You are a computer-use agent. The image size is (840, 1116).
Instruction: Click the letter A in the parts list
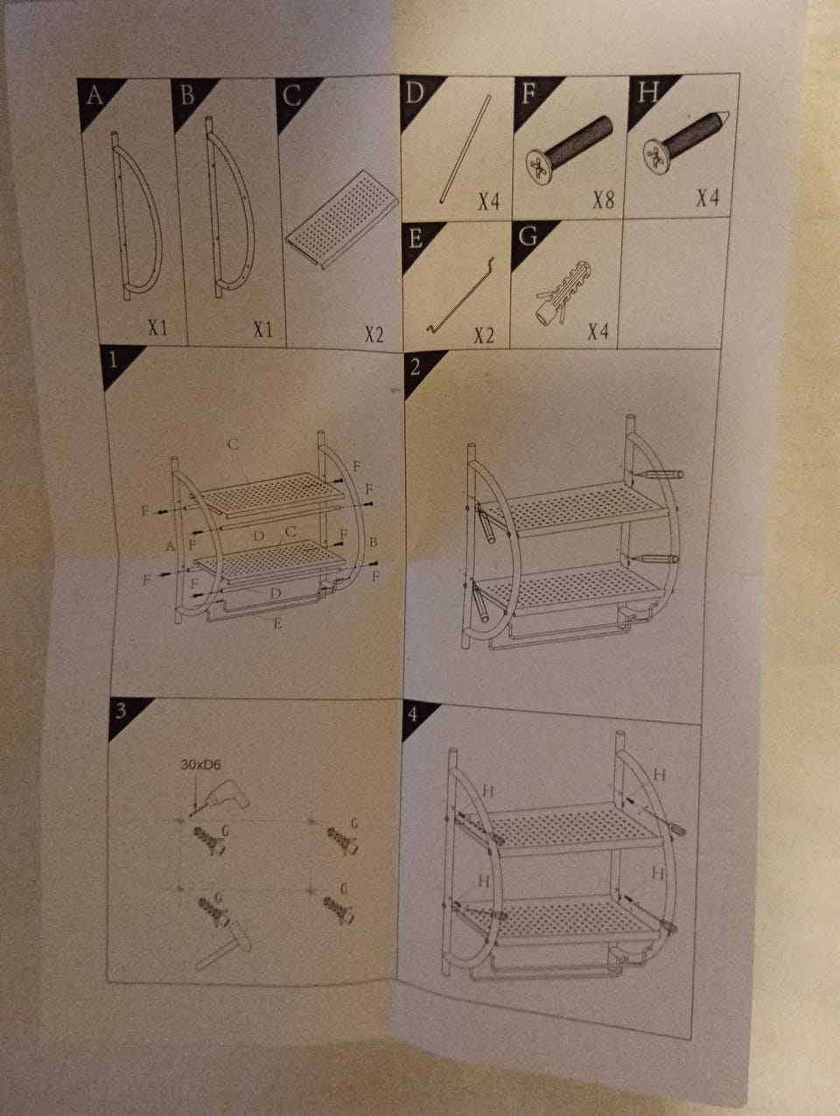pos(94,95)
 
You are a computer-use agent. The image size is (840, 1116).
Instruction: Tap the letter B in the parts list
pos(187,95)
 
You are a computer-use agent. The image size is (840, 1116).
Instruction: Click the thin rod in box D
pos(465,149)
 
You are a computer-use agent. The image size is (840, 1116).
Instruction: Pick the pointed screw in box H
pos(686,142)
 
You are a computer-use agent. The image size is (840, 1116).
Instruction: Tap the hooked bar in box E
pos(460,297)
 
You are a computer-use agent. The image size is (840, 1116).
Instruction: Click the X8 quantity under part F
pos(604,200)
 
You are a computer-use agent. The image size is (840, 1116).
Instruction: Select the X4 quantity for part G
pos(598,332)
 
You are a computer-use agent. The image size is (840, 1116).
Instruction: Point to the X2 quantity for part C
pos(374,334)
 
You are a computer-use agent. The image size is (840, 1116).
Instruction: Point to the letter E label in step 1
pos(277,623)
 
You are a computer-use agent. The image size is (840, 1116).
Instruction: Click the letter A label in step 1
pos(171,546)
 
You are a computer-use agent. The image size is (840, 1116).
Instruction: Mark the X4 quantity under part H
pos(707,197)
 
